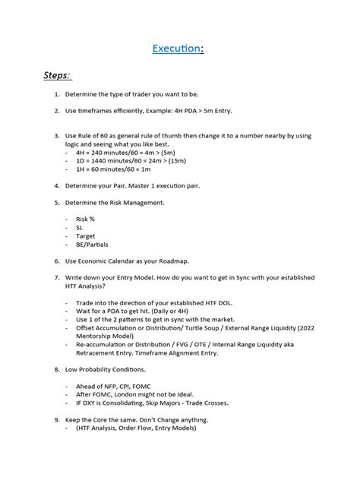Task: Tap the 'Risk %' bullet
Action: [x=85, y=219]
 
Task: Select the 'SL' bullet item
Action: [x=80, y=227]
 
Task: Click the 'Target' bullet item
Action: [x=86, y=236]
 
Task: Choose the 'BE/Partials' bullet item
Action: [x=92, y=245]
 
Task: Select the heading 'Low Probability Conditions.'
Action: [x=111, y=370]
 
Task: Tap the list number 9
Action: [x=57, y=420]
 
